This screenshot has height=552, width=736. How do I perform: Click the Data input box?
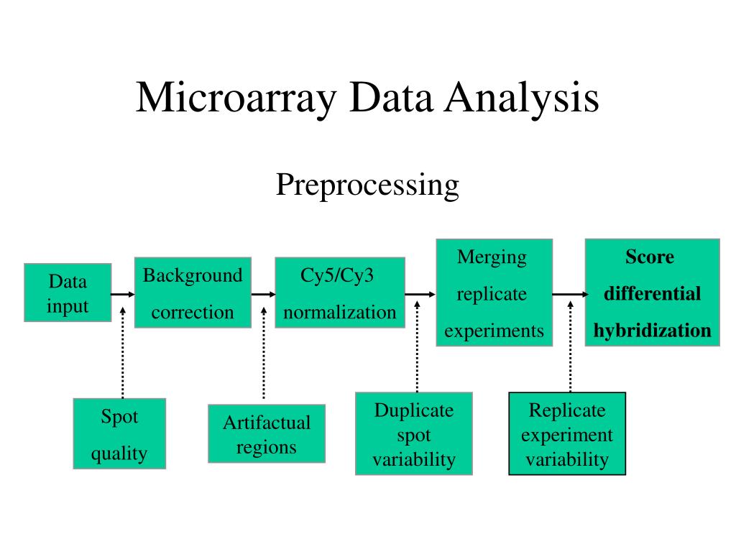coord(68,293)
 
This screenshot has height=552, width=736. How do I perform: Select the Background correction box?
coord(193,293)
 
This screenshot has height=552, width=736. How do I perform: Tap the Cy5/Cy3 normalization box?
coord(339,293)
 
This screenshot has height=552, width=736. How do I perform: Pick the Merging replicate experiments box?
coord(494,293)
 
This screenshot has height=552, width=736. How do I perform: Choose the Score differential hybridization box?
coord(652,293)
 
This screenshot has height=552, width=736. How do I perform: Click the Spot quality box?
coord(119,433)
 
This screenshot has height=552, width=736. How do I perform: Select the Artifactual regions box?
coord(266,433)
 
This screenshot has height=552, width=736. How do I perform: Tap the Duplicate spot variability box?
coord(414,433)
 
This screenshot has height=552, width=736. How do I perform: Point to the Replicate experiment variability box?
coord(567,433)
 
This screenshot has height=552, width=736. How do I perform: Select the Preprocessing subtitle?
coord(367,185)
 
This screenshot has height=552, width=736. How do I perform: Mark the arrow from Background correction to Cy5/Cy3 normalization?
coord(263,294)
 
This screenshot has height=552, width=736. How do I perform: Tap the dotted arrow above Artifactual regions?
coord(264,352)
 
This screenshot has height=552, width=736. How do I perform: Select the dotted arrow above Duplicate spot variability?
coord(417,345)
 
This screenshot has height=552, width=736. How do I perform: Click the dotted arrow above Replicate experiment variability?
coord(570,345)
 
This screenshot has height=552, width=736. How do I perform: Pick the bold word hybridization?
coord(652,331)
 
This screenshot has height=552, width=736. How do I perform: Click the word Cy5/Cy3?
coord(337,276)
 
